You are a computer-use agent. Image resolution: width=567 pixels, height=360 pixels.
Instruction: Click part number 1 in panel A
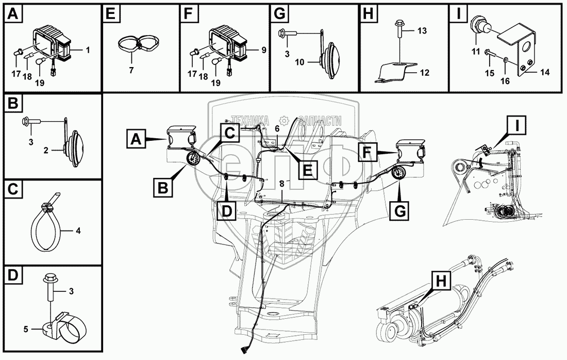click(x=88, y=50)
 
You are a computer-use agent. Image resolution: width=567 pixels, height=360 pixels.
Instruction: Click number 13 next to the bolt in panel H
click(x=422, y=31)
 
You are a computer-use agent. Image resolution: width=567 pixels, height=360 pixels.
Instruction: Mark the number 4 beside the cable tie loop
click(x=78, y=231)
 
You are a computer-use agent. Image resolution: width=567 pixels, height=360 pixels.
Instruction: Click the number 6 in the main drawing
click(x=277, y=128)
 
